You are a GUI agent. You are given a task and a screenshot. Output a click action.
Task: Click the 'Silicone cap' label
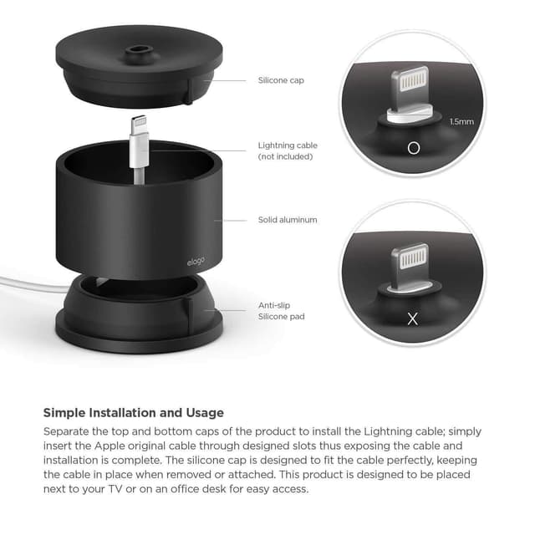tap(281, 81)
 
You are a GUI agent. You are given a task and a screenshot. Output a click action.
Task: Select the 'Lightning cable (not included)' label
tap(288, 150)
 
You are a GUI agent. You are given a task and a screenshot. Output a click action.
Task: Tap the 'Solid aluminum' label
tap(287, 220)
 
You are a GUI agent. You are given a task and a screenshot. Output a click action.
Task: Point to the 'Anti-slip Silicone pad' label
tap(281, 311)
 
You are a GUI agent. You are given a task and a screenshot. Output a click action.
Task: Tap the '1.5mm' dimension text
tap(461, 122)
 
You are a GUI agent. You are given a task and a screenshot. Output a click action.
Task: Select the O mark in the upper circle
tap(412, 148)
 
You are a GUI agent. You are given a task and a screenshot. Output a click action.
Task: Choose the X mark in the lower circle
tap(412, 318)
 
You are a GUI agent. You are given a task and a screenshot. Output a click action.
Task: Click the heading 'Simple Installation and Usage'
tap(133, 413)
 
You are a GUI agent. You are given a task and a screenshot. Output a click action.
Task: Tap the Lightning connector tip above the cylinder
tap(138, 124)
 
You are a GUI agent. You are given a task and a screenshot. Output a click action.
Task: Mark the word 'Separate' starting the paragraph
tap(68, 431)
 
